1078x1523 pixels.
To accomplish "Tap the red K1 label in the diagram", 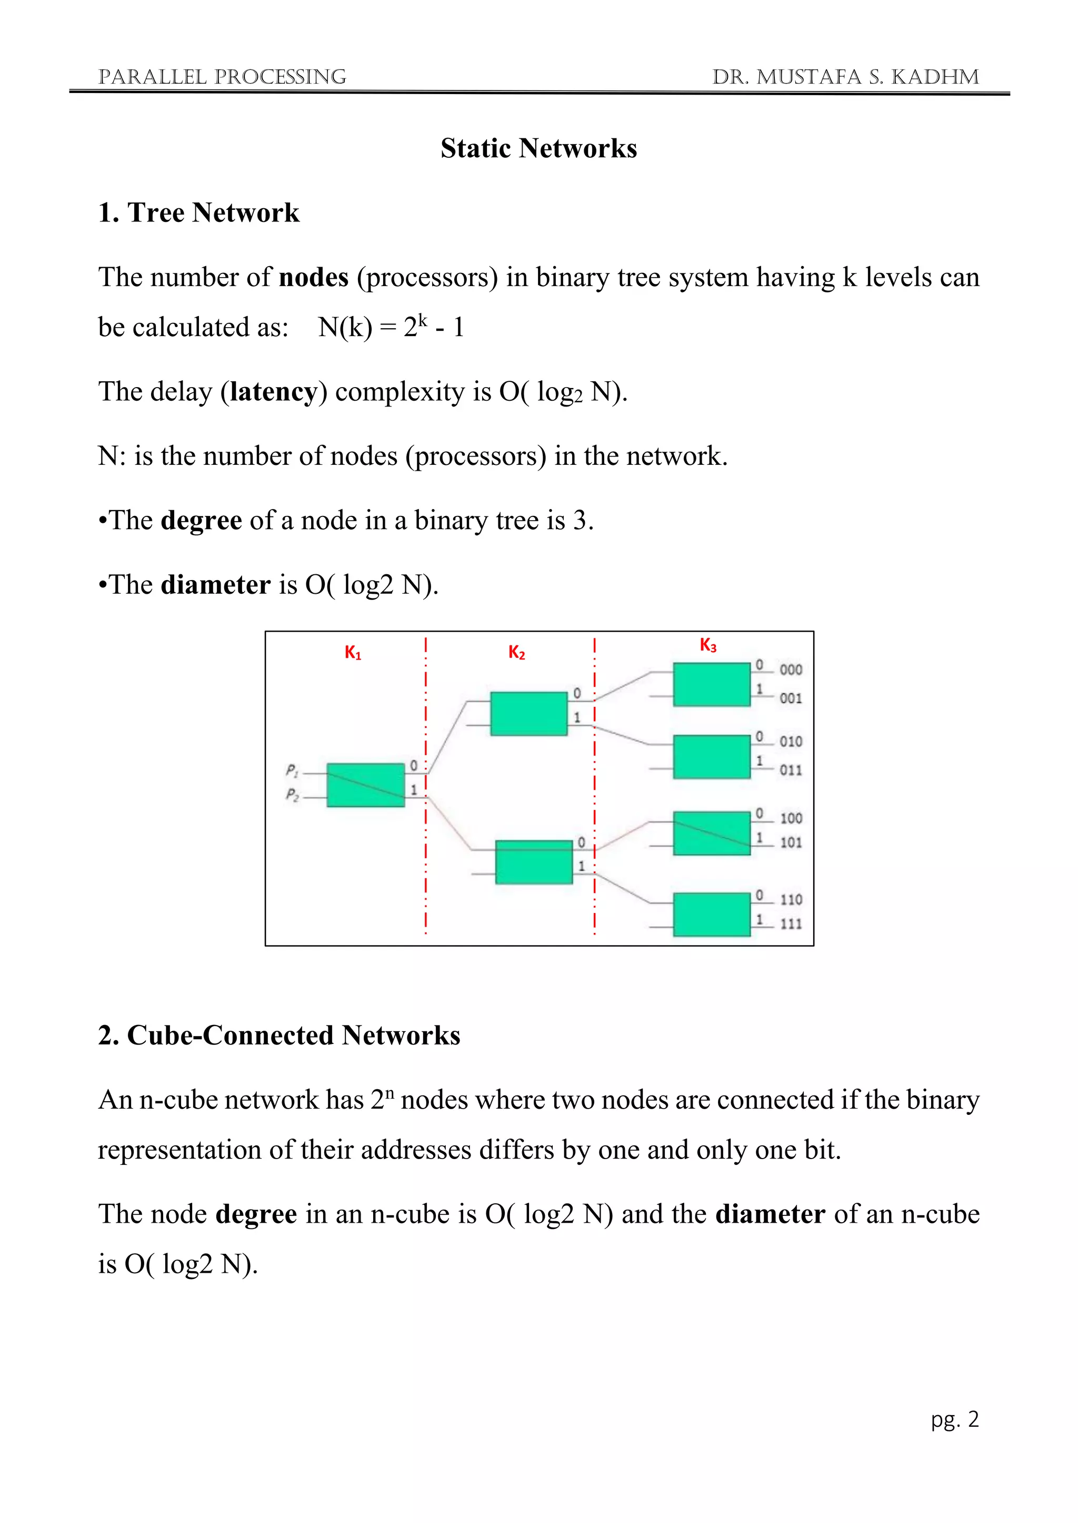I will point(353,653).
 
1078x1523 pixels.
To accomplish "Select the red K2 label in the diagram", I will point(516,653).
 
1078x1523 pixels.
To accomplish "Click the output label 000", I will point(791,670).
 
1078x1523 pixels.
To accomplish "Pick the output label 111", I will point(791,923).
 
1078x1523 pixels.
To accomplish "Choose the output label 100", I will point(791,818).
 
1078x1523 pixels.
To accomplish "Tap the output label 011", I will point(791,770).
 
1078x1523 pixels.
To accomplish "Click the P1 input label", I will point(292,770).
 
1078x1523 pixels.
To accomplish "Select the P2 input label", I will point(292,794).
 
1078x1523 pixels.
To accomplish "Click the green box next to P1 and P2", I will point(366,785).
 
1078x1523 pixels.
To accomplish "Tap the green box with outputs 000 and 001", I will point(712,685).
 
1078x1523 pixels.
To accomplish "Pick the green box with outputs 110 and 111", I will point(712,914).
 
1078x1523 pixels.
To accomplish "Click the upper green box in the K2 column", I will point(528,714).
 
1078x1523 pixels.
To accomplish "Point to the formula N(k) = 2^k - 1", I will point(391,327).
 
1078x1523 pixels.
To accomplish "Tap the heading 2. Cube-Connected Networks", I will point(279,1035).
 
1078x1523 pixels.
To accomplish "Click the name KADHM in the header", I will point(935,77).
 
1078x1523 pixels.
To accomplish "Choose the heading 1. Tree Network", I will point(198,213).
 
